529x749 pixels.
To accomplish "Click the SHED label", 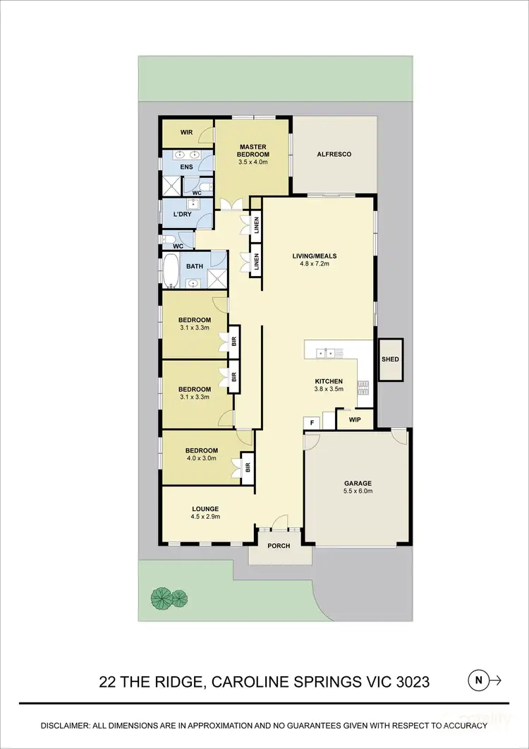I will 390,359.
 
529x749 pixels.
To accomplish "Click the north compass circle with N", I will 478,681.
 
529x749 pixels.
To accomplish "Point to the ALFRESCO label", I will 334,154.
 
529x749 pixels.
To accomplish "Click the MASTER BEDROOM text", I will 252,150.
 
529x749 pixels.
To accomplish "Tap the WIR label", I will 186,132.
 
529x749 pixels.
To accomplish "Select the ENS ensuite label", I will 186,167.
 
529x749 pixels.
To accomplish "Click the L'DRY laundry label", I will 183,214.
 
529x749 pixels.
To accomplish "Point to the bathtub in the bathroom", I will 171,272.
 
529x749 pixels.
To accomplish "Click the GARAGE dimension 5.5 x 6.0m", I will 358,493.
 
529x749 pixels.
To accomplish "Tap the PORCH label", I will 279,546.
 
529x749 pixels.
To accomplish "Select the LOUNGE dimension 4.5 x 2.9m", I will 205,517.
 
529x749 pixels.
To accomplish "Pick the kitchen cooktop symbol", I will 364,387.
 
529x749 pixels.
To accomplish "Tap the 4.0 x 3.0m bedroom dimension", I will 201,458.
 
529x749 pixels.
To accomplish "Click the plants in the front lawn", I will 169,598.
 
